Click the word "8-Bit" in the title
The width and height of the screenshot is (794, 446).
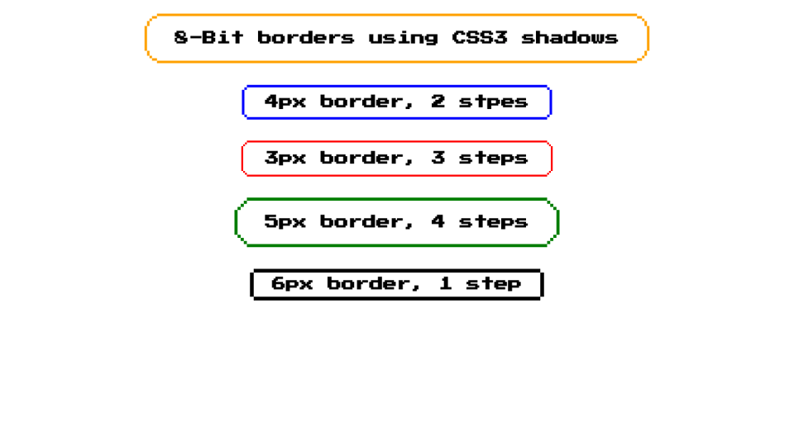(208, 38)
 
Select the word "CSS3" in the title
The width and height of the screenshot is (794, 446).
(480, 38)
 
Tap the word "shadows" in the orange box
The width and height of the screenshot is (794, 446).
(570, 38)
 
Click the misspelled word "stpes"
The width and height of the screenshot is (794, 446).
(493, 102)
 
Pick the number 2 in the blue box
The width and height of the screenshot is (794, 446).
(438, 102)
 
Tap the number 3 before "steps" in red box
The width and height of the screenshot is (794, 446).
(438, 159)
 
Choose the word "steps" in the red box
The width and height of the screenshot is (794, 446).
(493, 159)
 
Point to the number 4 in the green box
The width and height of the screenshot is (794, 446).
(438, 221)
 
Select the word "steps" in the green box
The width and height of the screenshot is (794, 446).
(493, 222)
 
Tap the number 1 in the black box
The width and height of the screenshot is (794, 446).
(445, 284)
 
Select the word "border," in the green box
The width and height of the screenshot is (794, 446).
(368, 222)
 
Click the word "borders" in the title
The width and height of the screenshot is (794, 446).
(305, 38)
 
